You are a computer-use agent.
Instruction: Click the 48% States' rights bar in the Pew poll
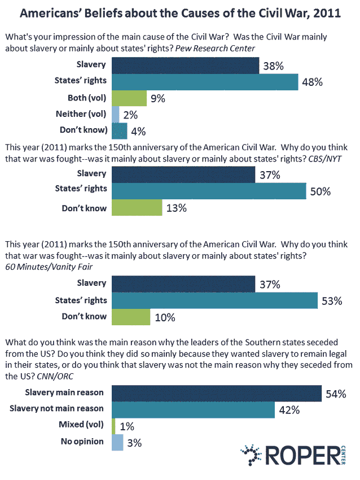point(205,82)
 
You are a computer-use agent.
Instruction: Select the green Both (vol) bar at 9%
point(129,98)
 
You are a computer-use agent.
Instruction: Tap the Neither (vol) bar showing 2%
point(116,115)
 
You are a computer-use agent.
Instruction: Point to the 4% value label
point(138,132)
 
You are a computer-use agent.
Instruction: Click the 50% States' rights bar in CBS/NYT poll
point(209,191)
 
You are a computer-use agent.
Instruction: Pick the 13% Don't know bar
point(137,208)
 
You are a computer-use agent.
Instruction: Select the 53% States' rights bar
point(215,300)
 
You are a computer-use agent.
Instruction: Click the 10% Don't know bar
point(131,317)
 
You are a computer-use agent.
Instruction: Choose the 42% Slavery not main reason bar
point(194,408)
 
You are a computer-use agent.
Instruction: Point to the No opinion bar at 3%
point(117,442)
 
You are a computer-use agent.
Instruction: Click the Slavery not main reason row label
point(65,408)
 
